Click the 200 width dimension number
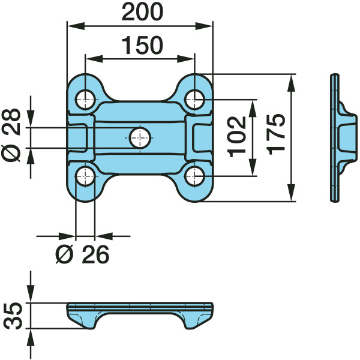142,12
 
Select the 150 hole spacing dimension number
142,45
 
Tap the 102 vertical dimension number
236,137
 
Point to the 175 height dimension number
276,134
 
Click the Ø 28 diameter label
11,136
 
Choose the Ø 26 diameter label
82,254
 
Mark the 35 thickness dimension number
13,316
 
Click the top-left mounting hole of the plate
85,100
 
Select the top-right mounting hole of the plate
194,100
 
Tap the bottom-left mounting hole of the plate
85,176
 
